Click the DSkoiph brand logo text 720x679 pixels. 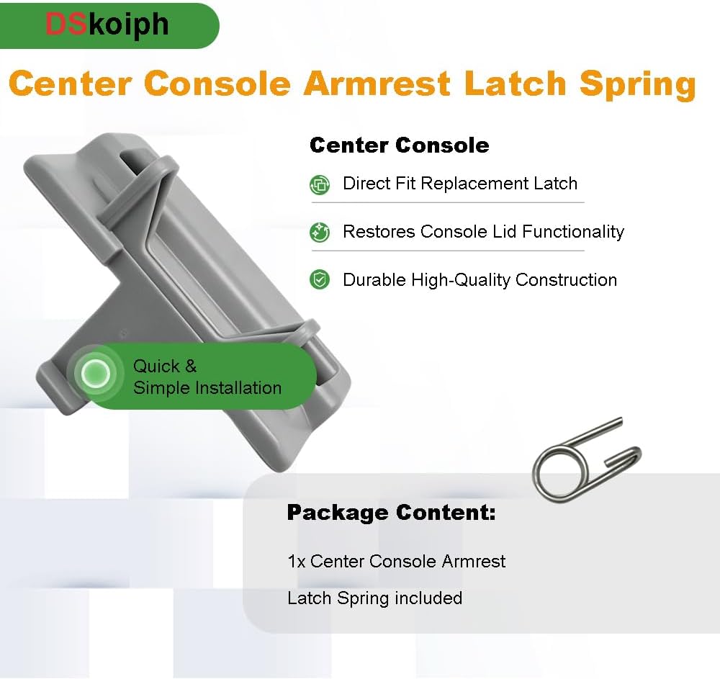coord(107,25)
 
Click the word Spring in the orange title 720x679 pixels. coord(637,84)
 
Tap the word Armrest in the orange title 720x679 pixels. coord(377,84)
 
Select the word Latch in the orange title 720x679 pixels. coord(514,84)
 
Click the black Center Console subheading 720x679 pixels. coord(400,145)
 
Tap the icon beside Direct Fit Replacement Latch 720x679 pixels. coord(320,185)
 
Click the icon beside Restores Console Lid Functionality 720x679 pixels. coord(320,233)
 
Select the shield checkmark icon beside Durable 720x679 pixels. coord(320,279)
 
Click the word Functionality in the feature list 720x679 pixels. coord(573,232)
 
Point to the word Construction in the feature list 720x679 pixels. coord(566,279)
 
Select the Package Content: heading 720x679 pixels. coord(391,513)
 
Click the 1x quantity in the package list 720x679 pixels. coord(296,562)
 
